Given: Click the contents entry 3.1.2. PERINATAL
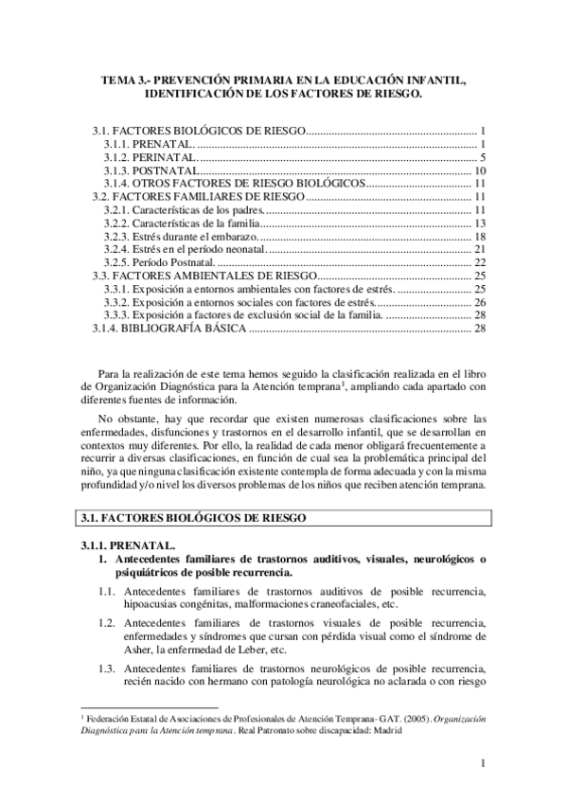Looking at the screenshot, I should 151,156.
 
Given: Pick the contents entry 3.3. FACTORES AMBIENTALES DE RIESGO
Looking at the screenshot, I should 203,276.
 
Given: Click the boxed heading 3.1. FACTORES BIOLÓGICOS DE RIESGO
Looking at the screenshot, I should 203,518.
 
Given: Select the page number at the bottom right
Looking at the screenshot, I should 482,763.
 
